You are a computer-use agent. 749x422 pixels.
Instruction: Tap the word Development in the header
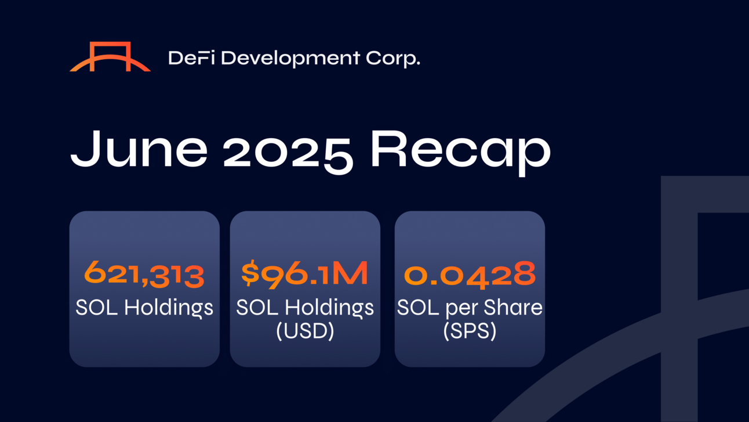(290, 59)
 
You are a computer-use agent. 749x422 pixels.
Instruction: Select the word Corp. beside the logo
(393, 59)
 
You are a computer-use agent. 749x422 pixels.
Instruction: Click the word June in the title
(139, 149)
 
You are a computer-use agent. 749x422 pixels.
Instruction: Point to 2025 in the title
(288, 152)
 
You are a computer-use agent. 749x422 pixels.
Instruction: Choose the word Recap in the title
(461, 153)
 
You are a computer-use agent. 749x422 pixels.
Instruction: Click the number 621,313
(144, 275)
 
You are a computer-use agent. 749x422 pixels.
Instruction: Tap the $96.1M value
(304, 275)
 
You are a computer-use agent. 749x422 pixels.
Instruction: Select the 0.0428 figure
(470, 275)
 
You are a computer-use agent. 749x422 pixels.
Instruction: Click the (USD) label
(305, 331)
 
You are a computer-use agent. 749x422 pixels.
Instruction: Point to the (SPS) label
(470, 331)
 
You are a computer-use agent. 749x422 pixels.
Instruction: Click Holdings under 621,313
(169, 308)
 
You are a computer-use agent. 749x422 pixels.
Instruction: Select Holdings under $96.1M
(329, 308)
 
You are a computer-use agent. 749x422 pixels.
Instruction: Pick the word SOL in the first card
(97, 307)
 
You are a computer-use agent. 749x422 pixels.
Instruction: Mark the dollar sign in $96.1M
(250, 275)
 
